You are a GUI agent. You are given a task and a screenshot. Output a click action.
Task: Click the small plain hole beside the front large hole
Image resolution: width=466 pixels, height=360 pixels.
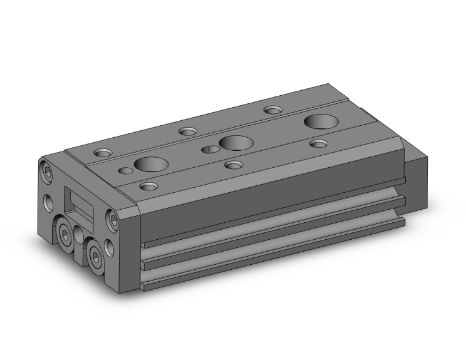click(x=127, y=170)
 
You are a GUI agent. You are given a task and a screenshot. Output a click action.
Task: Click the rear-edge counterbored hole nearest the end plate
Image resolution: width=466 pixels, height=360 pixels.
click(x=102, y=152)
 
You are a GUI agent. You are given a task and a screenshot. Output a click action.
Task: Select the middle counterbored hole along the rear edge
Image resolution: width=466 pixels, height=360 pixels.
click(x=187, y=131)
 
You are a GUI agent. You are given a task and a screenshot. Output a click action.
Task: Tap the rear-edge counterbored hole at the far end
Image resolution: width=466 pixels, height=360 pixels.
click(x=272, y=110)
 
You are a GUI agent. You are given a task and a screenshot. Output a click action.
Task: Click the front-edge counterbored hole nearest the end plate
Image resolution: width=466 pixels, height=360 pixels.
click(x=148, y=186)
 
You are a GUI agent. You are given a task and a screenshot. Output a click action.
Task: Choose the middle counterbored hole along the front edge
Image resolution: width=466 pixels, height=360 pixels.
click(x=234, y=165)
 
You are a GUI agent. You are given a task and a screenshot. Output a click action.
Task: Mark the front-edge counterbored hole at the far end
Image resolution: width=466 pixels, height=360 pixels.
click(x=319, y=144)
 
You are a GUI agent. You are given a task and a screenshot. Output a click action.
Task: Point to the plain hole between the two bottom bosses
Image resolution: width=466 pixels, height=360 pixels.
click(x=80, y=235)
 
